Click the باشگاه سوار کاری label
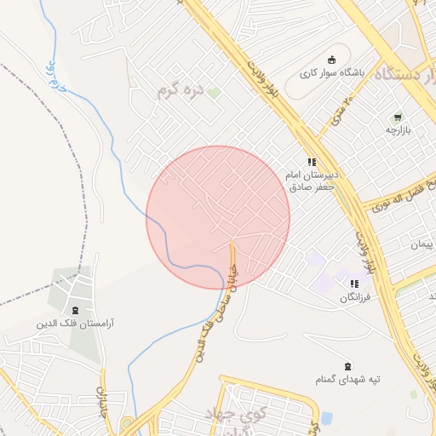pos(332,73)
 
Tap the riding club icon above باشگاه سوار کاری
pos(332,60)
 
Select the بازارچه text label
pos(397,130)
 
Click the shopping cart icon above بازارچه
pos(397,117)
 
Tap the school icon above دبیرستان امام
pos(313,161)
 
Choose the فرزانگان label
pos(357,297)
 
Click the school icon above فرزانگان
pos(354,284)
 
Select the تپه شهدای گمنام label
pos(350,378)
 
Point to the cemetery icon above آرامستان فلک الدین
pos(76,310)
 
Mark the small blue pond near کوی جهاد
pos(327,418)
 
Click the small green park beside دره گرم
pos(214,92)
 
